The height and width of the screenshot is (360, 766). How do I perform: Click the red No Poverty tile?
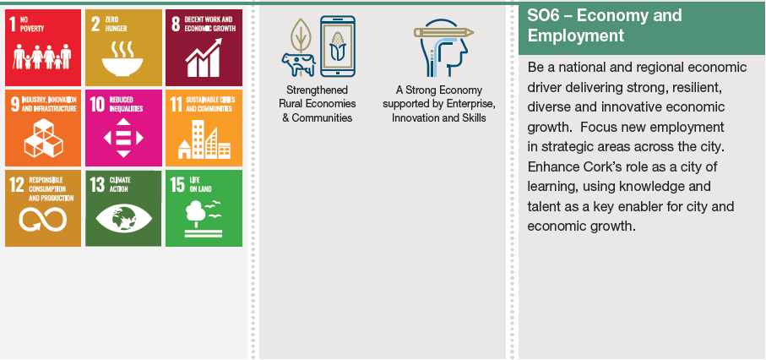pos(43,47)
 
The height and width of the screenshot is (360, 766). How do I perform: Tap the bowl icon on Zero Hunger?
pos(122,67)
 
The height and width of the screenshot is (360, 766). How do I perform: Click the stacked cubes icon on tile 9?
pos(43,138)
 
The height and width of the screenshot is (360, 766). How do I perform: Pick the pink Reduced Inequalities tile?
pos(123,128)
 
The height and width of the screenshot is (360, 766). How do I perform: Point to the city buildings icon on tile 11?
pos(204,139)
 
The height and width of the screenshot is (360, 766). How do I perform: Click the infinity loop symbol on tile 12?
pos(43,219)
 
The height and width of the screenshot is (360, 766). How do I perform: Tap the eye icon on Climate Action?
pos(123,218)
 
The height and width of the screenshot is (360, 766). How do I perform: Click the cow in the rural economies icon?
pos(298,64)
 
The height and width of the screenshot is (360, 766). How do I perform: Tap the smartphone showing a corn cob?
pos(338,46)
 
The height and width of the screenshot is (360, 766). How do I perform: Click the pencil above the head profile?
pos(443,33)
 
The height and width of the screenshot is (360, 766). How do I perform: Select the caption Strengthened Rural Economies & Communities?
pos(317,104)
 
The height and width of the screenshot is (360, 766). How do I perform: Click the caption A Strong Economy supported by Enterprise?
pos(438,97)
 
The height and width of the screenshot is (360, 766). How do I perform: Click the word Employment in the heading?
pos(576,35)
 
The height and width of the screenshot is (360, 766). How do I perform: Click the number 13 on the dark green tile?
pos(97,184)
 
